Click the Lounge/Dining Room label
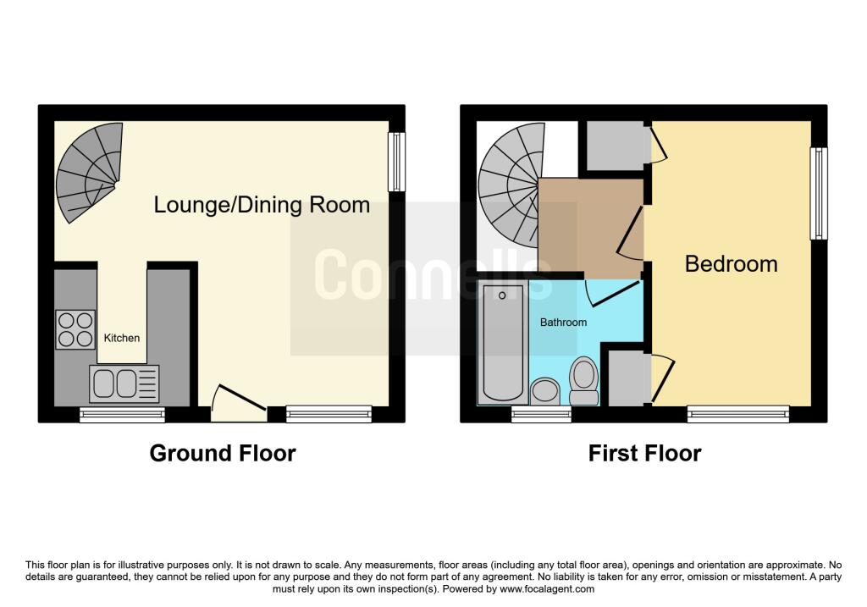click(x=262, y=205)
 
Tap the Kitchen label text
click(x=122, y=338)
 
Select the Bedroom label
click(x=731, y=264)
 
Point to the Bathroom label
click(x=564, y=323)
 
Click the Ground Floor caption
click(x=223, y=454)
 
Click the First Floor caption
click(x=645, y=454)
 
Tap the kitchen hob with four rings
click(x=75, y=329)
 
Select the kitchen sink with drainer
click(x=124, y=384)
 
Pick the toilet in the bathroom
click(x=583, y=381)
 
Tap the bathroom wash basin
click(x=545, y=391)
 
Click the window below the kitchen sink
click(x=123, y=414)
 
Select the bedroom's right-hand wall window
click(x=818, y=194)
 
